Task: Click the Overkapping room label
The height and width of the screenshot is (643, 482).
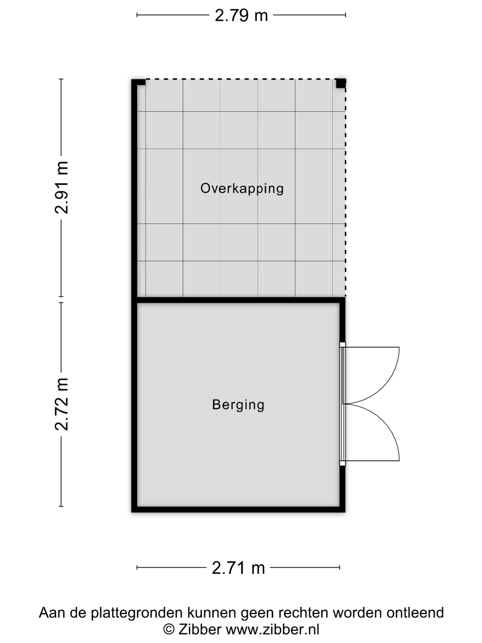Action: (x=242, y=189)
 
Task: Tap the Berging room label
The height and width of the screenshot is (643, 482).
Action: (x=238, y=405)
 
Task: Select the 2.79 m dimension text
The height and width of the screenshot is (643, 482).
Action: (x=241, y=15)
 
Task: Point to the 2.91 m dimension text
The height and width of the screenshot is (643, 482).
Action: (x=62, y=188)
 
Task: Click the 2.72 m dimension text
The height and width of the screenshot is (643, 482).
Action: (x=62, y=404)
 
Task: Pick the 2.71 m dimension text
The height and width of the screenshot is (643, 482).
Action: (x=238, y=568)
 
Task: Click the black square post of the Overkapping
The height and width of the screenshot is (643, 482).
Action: (x=341, y=83)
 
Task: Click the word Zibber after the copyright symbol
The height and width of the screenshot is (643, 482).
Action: (x=200, y=629)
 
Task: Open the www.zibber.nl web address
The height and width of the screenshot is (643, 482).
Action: (x=273, y=629)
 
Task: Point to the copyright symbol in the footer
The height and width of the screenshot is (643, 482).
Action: (x=169, y=630)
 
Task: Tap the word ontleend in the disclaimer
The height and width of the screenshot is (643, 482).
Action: (x=415, y=613)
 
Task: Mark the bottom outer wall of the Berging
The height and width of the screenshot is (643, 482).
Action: (x=238, y=510)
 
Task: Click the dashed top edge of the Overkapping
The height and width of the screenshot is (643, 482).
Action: (x=241, y=79)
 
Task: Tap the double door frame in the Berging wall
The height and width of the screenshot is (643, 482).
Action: (x=342, y=404)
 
